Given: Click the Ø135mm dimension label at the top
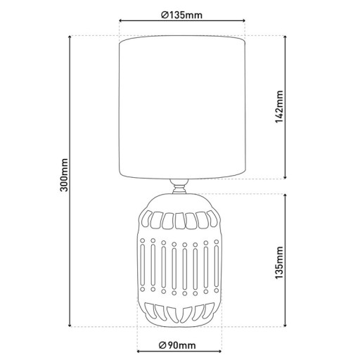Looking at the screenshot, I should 182,15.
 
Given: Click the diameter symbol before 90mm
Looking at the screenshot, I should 162,344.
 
